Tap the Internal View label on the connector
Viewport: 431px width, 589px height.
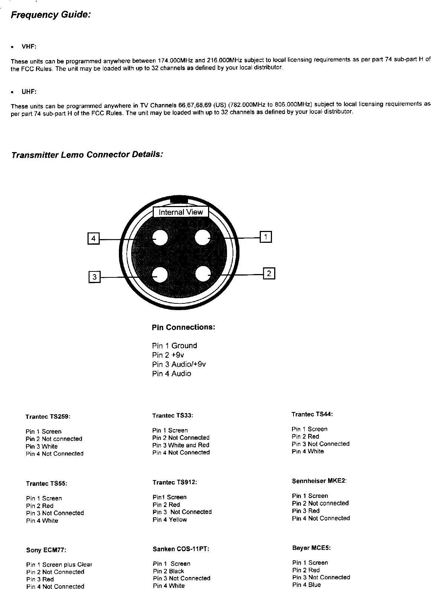(181, 212)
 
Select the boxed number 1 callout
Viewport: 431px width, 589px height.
(266, 237)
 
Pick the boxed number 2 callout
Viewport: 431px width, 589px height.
(269, 273)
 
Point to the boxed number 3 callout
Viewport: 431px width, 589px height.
(94, 277)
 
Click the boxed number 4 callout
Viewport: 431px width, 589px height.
(93, 239)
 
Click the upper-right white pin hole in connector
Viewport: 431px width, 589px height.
(203, 238)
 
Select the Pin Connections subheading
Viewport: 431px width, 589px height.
(184, 328)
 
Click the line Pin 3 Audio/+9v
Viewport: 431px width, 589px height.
(179, 364)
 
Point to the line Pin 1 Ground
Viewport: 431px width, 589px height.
(175, 346)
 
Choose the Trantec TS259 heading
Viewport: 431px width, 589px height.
(48, 417)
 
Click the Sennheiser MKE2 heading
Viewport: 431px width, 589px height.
(319, 481)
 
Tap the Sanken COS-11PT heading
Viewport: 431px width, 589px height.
(181, 549)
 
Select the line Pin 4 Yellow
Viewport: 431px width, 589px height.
(169, 519)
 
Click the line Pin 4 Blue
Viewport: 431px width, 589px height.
(307, 585)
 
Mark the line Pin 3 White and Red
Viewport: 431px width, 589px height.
(181, 445)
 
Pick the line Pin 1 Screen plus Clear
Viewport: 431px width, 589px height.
(59, 564)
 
